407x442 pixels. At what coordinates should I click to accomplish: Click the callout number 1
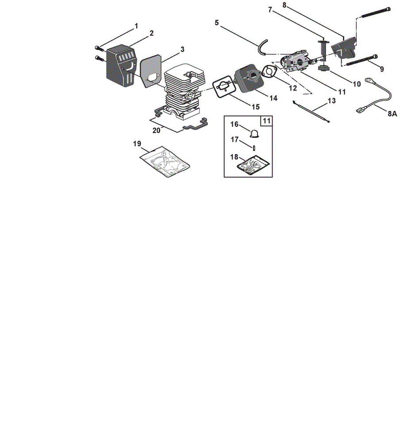tap(137, 26)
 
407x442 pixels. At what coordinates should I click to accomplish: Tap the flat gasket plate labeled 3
tap(151, 71)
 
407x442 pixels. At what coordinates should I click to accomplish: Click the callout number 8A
tap(392, 114)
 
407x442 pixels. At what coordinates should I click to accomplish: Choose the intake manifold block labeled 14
tap(250, 79)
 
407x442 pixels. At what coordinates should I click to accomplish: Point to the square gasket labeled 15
tap(224, 87)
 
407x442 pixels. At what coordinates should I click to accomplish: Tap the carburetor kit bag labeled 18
tap(253, 164)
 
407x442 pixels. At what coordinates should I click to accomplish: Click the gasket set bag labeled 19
tap(165, 162)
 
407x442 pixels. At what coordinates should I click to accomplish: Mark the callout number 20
tap(156, 130)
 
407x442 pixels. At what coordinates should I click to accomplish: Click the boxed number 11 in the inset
tap(266, 121)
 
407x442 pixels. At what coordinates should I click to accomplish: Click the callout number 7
tap(270, 10)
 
